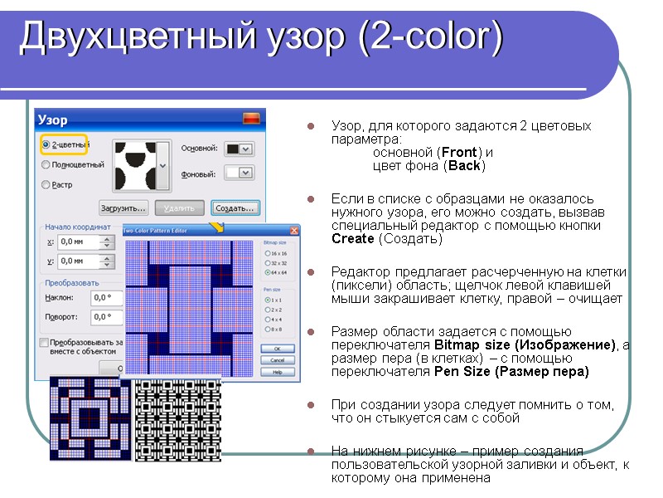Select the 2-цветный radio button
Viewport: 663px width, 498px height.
tap(46, 145)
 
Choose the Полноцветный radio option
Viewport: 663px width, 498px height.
tap(46, 165)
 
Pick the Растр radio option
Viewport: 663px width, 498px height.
tap(46, 185)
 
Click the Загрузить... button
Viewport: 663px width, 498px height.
tap(123, 207)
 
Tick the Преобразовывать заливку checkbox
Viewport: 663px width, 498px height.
tap(44, 342)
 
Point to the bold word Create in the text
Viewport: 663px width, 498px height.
tap(352, 239)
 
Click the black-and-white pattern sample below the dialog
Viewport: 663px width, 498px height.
tap(177, 420)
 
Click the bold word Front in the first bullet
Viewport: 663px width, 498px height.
tap(458, 152)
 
